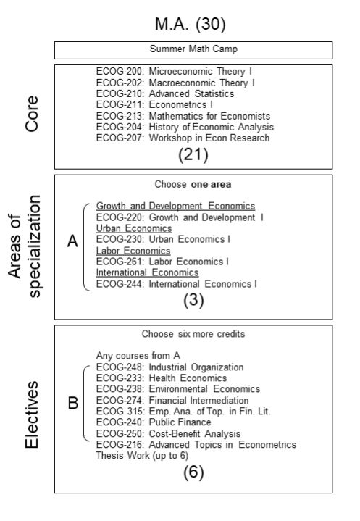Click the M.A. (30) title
(x=191, y=24)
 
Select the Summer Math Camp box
(x=193, y=50)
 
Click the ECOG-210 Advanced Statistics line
(x=165, y=93)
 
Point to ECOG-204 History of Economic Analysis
(x=185, y=127)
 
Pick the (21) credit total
(x=193, y=155)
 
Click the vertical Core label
(x=32, y=114)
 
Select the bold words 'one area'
(x=212, y=184)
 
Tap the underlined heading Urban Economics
(x=134, y=228)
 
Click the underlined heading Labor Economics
(x=133, y=251)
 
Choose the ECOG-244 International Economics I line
(x=176, y=284)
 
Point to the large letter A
(x=72, y=241)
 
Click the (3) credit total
(x=193, y=300)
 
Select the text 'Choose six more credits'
(x=193, y=334)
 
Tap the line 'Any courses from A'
(x=138, y=356)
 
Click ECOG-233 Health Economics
(x=162, y=378)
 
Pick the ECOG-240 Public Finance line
(x=154, y=422)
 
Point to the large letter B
(x=73, y=403)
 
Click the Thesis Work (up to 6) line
(x=142, y=456)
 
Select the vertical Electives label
(x=32, y=414)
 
